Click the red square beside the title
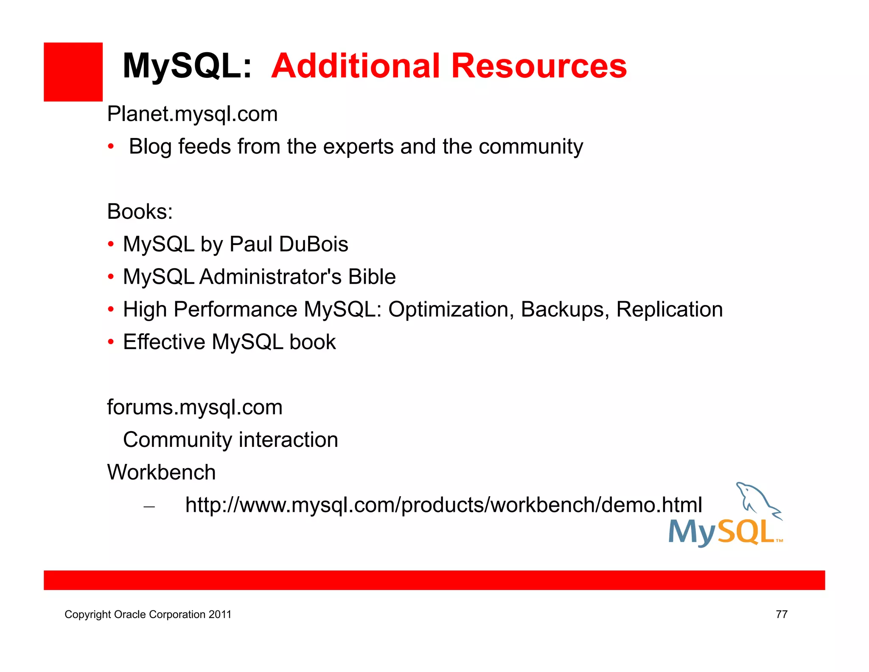[x=73, y=72]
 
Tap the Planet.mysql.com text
[x=192, y=114]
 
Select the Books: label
[x=140, y=212]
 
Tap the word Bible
[x=372, y=277]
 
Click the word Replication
[x=669, y=309]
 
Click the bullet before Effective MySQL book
[x=111, y=342]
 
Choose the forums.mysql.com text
[x=195, y=407]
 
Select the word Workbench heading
[x=161, y=472]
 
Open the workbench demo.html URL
[x=443, y=505]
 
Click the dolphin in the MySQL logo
[x=757, y=499]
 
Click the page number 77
[x=781, y=614]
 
